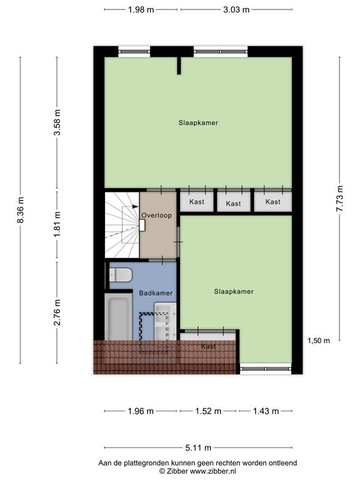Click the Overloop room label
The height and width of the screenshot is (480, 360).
coord(156,216)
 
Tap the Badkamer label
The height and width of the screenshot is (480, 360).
coord(156,293)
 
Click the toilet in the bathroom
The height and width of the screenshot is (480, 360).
coord(121,274)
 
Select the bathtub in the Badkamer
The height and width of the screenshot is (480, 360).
coord(118,316)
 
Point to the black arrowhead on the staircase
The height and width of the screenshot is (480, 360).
coord(135,207)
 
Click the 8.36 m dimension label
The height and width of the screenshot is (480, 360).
coord(21,210)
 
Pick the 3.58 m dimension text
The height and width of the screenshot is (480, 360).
coord(57,122)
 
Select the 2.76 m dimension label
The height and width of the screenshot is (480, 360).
coord(57,312)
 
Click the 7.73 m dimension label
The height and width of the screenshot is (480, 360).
coord(339,199)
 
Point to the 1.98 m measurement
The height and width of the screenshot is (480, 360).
coord(141,10)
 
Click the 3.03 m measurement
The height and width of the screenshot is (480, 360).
coord(236,10)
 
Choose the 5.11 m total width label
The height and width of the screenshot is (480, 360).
coord(198,448)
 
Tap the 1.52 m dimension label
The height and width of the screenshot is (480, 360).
coord(208,411)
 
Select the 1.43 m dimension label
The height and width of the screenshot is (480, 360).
coord(266,411)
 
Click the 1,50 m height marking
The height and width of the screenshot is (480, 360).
coord(319,341)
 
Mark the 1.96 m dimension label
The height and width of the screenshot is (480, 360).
coord(141,411)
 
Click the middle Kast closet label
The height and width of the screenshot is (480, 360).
coord(233,204)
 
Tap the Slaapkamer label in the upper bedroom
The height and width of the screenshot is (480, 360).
coord(198,122)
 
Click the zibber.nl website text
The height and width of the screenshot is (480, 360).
coord(213,471)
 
